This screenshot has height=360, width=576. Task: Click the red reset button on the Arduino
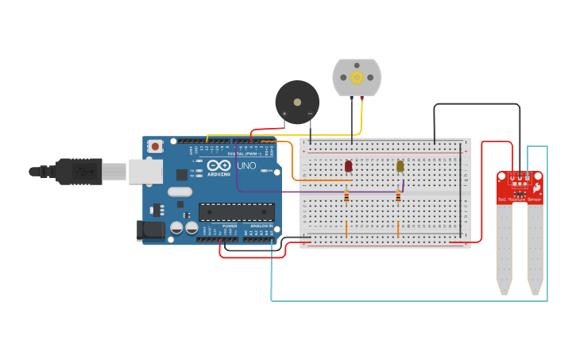(155, 146)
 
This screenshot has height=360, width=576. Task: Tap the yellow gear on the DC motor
(357, 77)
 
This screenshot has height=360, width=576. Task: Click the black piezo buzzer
(297, 102)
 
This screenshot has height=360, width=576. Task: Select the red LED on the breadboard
(348, 166)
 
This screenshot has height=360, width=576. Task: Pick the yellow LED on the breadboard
(400, 166)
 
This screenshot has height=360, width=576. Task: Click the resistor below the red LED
(346, 196)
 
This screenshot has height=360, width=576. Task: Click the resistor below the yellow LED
(398, 196)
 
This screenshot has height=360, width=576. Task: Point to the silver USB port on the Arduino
(146, 171)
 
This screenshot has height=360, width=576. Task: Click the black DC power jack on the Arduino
(150, 230)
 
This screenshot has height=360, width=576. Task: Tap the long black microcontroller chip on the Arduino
(237, 212)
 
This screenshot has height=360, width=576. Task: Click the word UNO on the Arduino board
(246, 166)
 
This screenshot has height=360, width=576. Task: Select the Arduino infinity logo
(218, 166)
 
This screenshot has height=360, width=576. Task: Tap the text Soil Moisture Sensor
(520, 199)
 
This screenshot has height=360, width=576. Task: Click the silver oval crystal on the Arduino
(180, 192)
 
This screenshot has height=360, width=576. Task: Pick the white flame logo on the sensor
(537, 188)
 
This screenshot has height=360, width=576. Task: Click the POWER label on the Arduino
(230, 226)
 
